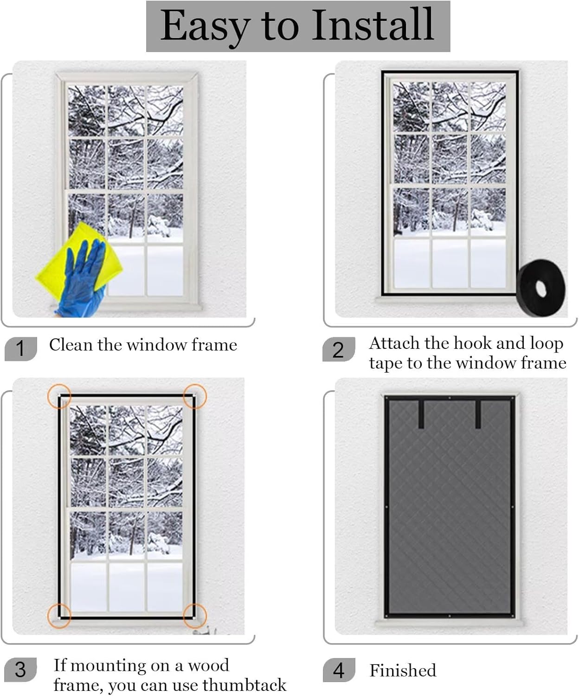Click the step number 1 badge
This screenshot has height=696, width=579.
[20, 348]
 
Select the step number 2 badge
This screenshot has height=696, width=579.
[339, 349]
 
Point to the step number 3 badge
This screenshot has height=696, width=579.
[20, 670]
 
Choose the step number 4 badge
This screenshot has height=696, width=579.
[339, 670]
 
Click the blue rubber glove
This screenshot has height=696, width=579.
[84, 278]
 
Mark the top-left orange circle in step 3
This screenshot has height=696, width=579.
[59, 396]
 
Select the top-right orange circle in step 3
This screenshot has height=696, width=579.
[195, 396]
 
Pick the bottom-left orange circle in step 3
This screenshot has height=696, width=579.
[59, 616]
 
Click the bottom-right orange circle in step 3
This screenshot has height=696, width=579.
[195, 616]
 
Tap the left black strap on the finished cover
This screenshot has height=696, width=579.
[421, 413]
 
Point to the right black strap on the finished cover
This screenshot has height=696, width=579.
[478, 413]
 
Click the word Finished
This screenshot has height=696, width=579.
[403, 670]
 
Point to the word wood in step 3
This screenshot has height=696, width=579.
[208, 665]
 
